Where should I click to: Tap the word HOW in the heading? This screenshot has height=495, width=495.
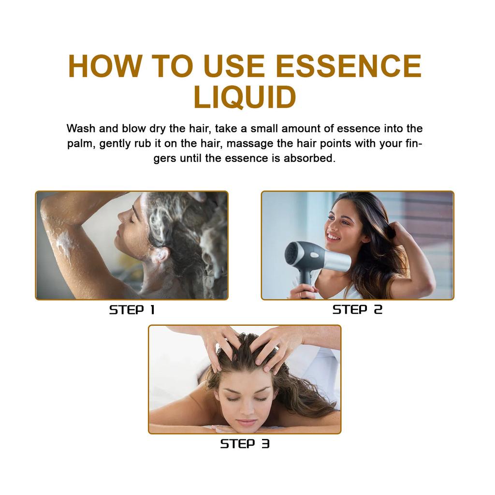click(x=98, y=66)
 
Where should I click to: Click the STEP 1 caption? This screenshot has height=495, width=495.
click(x=131, y=310)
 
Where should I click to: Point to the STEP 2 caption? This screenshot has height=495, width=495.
click(x=357, y=310)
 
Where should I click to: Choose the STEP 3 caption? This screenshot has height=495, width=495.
click(x=245, y=444)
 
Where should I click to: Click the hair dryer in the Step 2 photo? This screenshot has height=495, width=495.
click(x=314, y=257)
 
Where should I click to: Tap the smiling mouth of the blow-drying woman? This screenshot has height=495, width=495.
click(x=334, y=236)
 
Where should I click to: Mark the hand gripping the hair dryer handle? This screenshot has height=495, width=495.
click(x=303, y=291)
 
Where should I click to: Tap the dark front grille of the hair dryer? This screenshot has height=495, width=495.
click(x=292, y=253)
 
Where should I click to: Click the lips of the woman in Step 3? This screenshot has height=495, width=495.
click(x=247, y=422)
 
